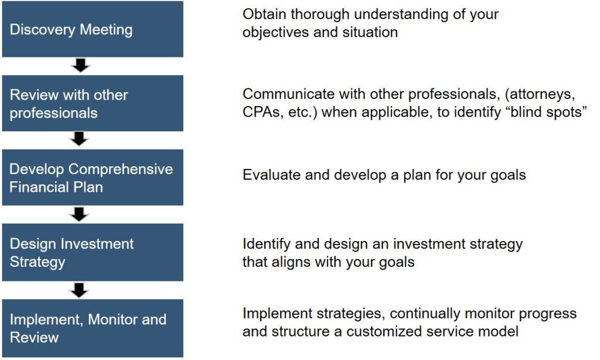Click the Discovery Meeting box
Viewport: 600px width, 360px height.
tap(93, 29)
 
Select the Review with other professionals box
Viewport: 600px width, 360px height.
tap(93, 103)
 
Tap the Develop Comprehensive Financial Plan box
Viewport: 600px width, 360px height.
tap(93, 178)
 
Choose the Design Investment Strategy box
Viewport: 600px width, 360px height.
tap(93, 253)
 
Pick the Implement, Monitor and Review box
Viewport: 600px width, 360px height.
tap(93, 328)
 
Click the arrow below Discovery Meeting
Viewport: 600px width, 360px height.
tap(80, 65)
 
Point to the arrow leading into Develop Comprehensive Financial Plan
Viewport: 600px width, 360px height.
tap(80, 139)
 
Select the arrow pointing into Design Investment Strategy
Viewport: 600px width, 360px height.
tap(79, 215)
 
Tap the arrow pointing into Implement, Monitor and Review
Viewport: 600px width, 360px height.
tap(79, 290)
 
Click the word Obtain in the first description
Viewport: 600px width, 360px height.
tap(264, 14)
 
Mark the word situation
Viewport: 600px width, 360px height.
tap(370, 33)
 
